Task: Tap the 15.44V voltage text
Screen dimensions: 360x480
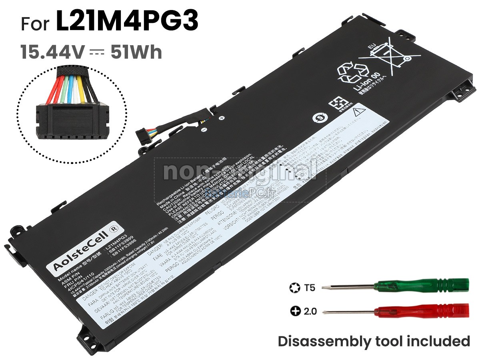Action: coord(53,52)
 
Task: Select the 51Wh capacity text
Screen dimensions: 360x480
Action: coord(136,52)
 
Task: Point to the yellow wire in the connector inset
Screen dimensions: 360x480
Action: coord(80,88)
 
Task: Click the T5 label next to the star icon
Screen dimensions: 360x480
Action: coord(309,287)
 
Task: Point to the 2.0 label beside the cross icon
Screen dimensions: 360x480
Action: coord(310,311)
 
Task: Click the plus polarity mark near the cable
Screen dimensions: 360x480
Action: coord(221,118)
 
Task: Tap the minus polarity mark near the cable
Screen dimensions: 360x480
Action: coord(203,130)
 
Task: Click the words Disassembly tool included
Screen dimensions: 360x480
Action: coord(374,341)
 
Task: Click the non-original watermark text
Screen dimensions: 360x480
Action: coord(240,170)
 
